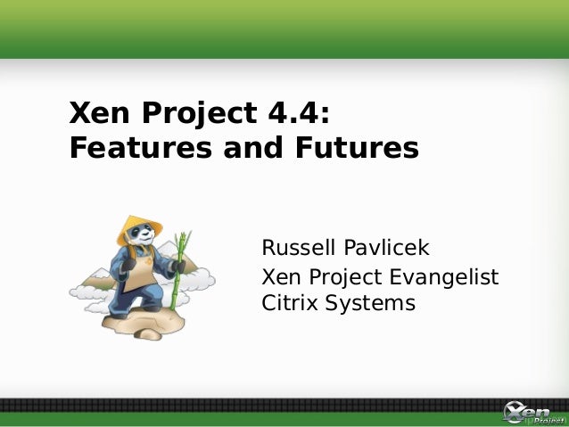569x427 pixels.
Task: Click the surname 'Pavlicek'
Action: (x=384, y=245)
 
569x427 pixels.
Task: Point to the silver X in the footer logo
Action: (x=515, y=413)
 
